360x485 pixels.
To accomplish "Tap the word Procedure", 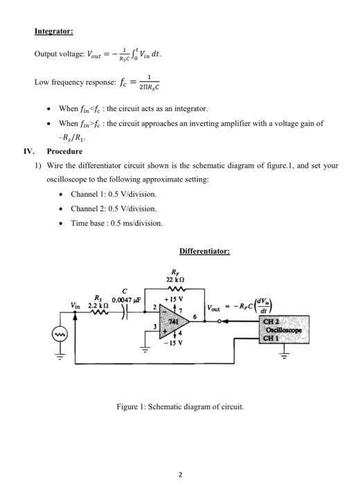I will coord(64,151).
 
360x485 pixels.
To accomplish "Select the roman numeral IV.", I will coord(28,151).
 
